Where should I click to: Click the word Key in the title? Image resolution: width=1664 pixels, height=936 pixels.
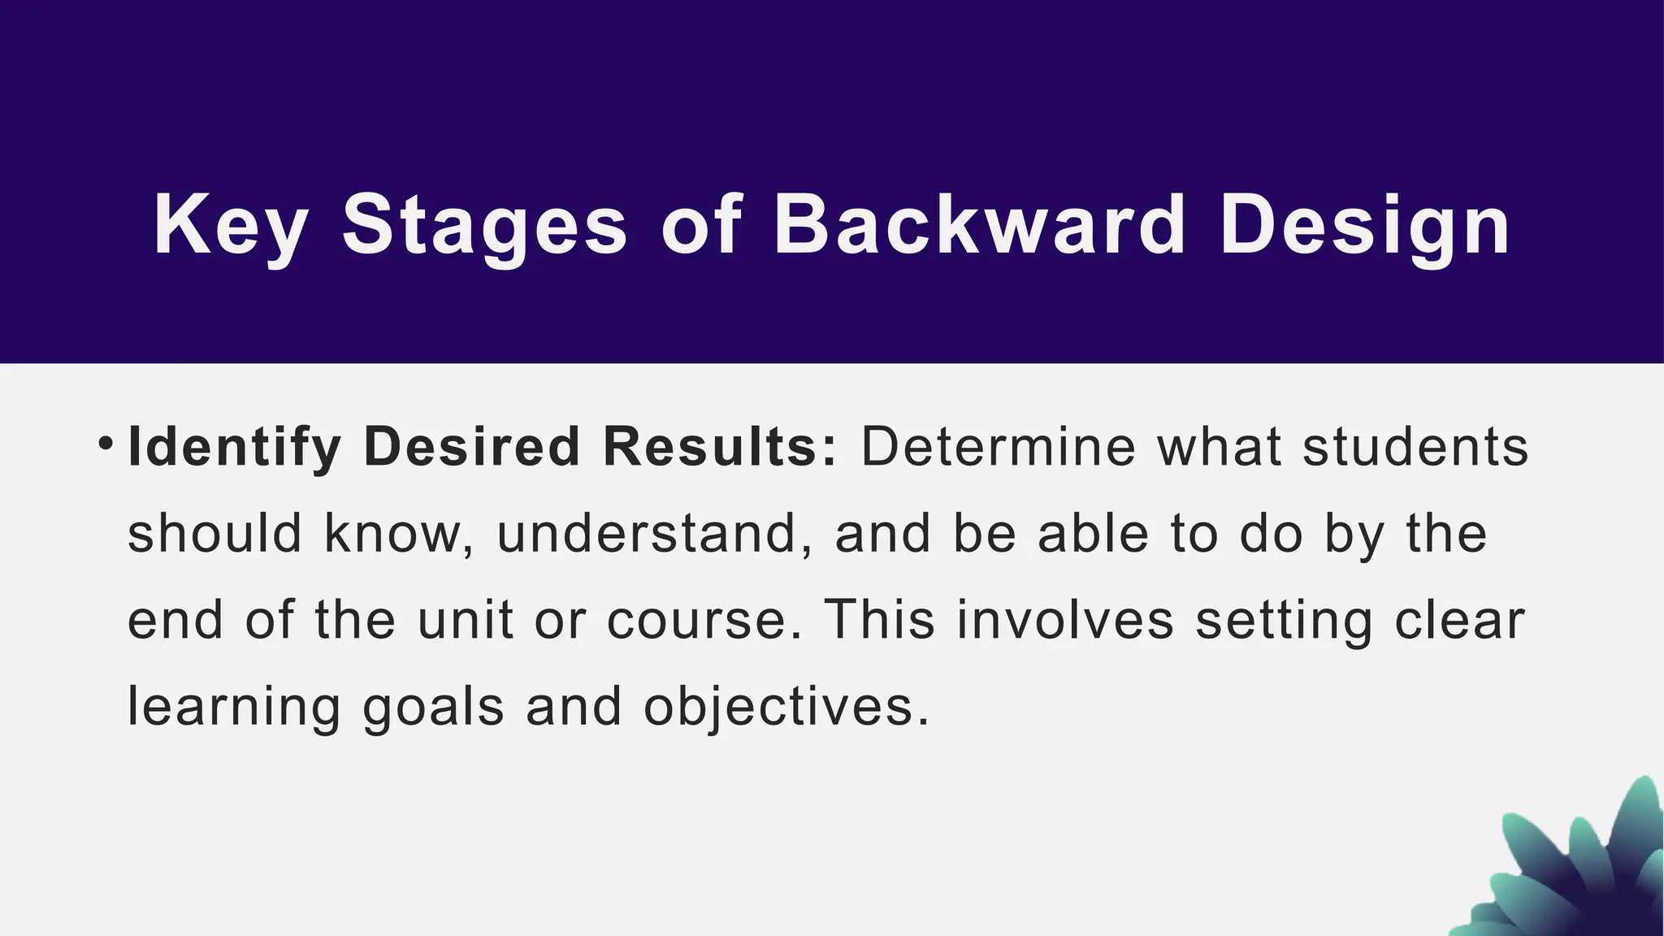point(230,225)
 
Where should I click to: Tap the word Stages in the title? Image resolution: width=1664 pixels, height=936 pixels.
point(484,225)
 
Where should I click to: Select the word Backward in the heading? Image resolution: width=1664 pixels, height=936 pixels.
point(980,225)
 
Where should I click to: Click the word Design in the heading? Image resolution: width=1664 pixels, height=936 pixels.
point(1365,225)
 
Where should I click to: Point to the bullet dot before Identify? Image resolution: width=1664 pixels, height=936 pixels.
point(105,444)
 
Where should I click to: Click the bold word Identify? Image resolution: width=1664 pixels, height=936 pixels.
point(235,447)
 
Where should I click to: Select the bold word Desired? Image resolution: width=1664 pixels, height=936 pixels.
point(472,447)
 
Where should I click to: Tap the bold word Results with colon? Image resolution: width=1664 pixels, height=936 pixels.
point(720,447)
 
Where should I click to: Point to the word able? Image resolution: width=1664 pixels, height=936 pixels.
point(1094,534)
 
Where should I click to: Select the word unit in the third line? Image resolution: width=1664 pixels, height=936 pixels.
point(466,620)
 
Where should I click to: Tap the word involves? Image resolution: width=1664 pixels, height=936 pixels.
point(1065,620)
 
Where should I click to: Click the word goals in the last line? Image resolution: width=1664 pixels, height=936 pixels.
point(434,707)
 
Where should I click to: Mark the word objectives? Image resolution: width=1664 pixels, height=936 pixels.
point(786,707)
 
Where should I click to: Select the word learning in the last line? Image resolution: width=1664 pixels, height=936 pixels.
point(235,707)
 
